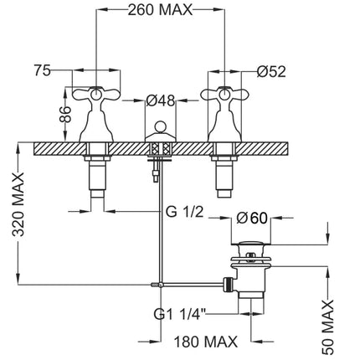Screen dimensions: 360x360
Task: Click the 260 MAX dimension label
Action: point(160,11)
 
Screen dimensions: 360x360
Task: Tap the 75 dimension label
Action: point(43,70)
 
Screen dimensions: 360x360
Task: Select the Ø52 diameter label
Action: point(271,72)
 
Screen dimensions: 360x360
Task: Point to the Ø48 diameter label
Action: point(161,101)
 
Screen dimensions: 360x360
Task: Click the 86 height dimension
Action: point(65,115)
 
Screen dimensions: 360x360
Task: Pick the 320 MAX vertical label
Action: point(19,205)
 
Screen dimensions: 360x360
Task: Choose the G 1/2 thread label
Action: point(184,213)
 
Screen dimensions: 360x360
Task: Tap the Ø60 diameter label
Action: point(252,219)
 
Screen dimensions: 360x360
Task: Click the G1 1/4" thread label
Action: point(180,315)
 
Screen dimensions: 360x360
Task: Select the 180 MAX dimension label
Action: point(206,342)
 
